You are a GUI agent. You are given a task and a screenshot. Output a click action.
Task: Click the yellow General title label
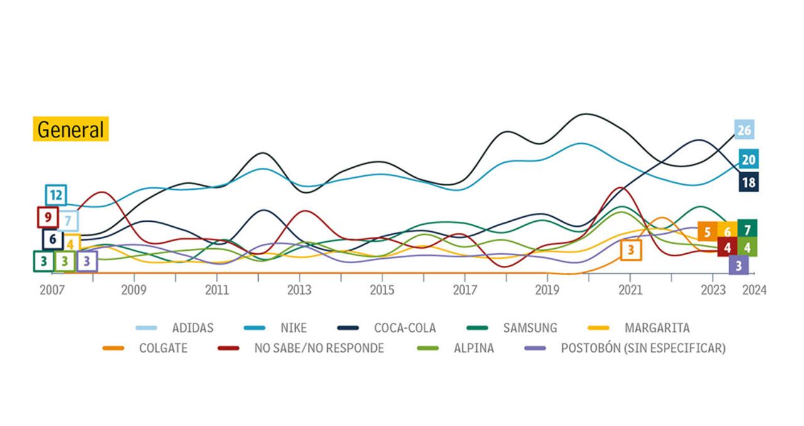(x=70, y=129)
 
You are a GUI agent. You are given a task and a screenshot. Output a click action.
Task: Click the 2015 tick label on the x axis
(x=382, y=290)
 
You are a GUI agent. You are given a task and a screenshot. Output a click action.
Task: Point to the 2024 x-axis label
(x=754, y=290)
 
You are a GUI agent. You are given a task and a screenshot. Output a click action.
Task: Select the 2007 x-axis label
(x=53, y=290)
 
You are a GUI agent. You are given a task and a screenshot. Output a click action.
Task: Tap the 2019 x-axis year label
(x=547, y=290)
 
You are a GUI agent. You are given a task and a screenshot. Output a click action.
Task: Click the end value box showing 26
(x=744, y=131)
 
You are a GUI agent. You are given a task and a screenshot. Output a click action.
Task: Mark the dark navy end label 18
(x=748, y=183)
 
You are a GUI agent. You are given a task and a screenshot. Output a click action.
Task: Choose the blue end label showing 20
(x=748, y=160)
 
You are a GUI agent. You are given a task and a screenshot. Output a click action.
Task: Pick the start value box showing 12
(x=56, y=195)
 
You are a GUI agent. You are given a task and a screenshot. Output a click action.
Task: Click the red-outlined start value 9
(x=48, y=217)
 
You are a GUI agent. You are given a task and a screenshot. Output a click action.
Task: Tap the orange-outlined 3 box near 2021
(x=631, y=250)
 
